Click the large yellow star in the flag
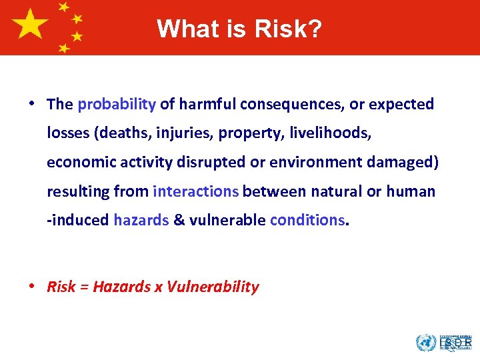[x=30, y=25]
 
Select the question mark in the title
[x=315, y=29]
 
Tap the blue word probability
[x=117, y=104]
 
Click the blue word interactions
[x=195, y=191]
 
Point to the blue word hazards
[x=141, y=220]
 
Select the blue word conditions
[x=307, y=220]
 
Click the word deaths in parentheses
[x=121, y=133]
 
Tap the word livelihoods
[x=333, y=133]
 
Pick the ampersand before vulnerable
[x=179, y=220]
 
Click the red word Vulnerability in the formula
[x=213, y=287]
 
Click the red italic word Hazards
[x=122, y=287]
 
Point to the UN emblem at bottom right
[x=425, y=343]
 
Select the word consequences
[x=288, y=104]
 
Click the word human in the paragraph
[x=411, y=191]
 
